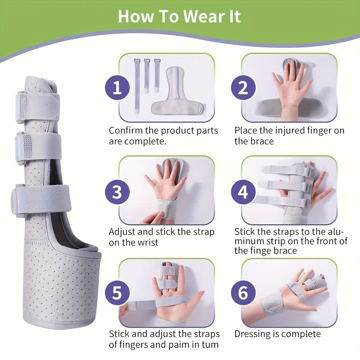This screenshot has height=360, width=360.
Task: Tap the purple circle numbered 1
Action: coord(117,88)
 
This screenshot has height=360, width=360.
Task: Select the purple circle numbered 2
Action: coord(243,88)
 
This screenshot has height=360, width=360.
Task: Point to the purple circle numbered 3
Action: coord(117,192)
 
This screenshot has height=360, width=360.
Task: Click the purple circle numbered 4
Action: coord(243,192)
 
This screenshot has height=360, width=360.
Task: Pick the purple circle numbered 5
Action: coord(117,293)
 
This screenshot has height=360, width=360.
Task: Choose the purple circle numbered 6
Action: coord(243,293)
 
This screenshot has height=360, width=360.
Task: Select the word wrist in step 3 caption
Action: coord(147,242)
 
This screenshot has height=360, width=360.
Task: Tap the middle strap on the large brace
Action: coord(38,148)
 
